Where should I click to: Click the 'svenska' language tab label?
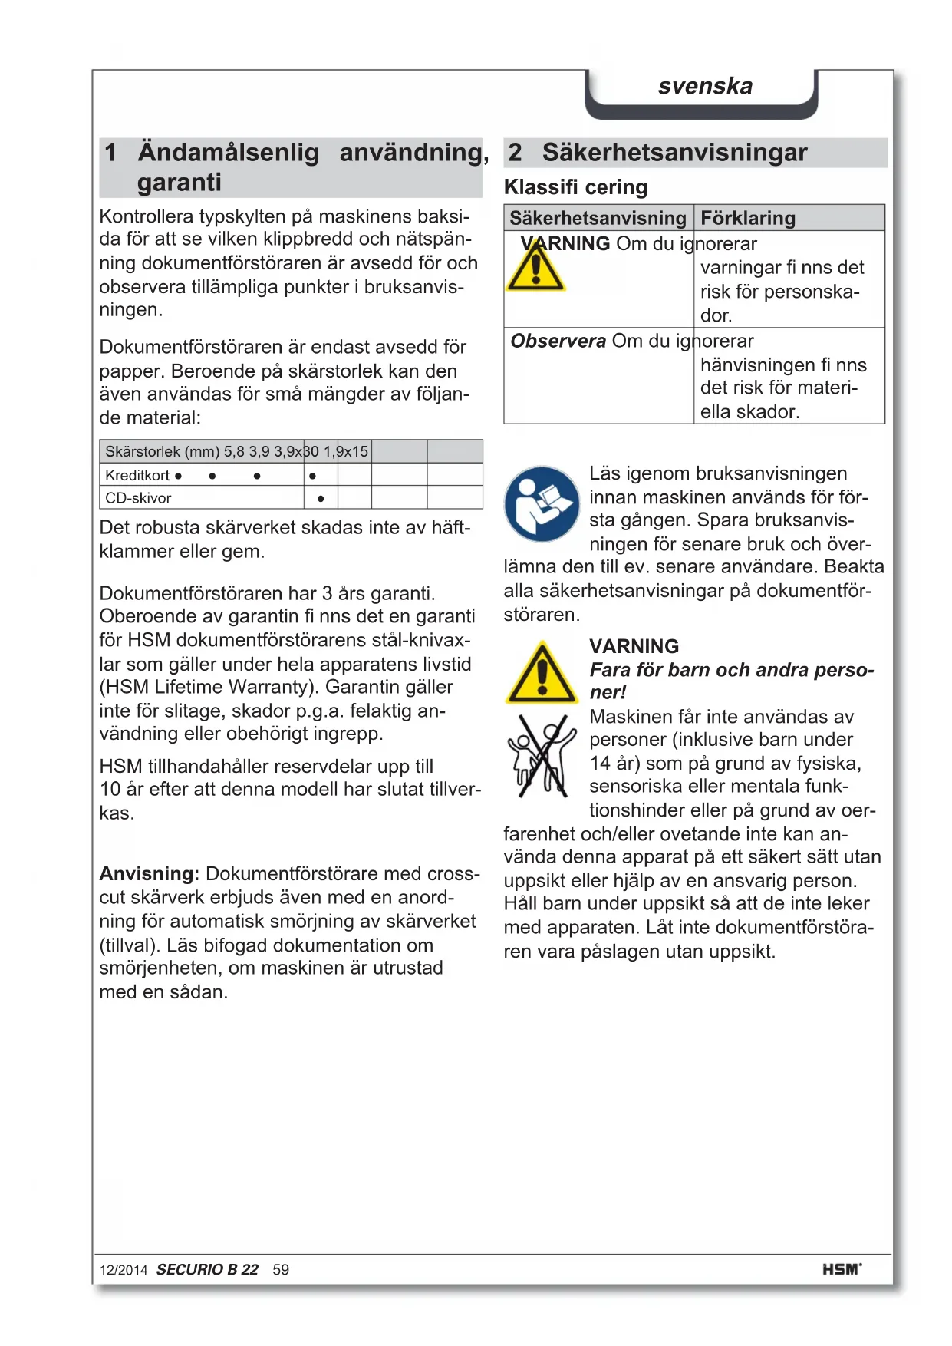[x=705, y=86]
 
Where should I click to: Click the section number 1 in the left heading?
[x=110, y=152]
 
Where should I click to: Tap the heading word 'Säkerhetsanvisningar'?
[x=674, y=152]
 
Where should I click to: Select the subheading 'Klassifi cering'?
[x=575, y=187]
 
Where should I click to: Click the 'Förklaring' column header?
[x=748, y=218]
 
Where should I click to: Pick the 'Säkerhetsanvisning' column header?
[x=598, y=218]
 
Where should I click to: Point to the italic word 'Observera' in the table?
[x=558, y=341]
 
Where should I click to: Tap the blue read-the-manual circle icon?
[x=542, y=503]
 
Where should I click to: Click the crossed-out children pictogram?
[x=542, y=756]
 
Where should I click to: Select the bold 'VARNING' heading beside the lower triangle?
[x=634, y=646]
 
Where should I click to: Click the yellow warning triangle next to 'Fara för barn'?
[x=542, y=674]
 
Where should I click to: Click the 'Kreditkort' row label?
[x=137, y=475]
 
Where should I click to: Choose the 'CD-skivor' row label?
[x=138, y=498]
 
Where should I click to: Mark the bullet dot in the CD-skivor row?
[x=321, y=499]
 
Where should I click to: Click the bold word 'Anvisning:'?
[x=150, y=873]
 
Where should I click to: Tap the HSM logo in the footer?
[x=842, y=1269]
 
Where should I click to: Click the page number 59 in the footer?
[x=281, y=1270]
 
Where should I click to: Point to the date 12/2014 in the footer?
[x=123, y=1270]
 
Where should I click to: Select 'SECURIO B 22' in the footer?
[x=207, y=1270]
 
